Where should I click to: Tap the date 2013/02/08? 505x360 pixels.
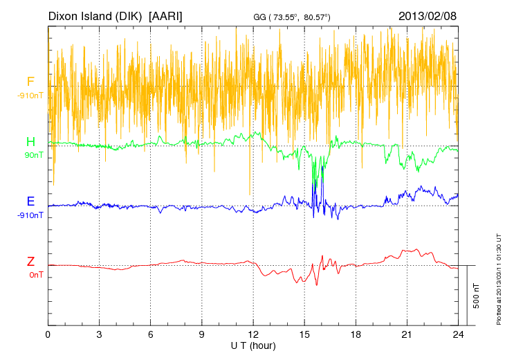[428, 15]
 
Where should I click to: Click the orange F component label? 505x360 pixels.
[30, 82]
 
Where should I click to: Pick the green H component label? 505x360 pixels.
[30, 142]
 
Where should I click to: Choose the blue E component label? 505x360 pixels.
[30, 201]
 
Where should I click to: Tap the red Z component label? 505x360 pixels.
[30, 262]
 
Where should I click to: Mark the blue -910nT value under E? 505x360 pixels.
[31, 215]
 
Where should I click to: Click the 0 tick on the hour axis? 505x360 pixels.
[48, 334]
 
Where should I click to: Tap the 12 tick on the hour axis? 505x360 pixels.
[253, 334]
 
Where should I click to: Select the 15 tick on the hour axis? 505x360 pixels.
[304, 334]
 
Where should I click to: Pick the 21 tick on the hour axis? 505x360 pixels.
[407, 334]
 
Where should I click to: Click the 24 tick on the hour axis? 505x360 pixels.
[458, 334]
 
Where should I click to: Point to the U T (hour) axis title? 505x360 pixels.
[252, 345]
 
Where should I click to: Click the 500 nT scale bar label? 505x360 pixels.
[477, 296]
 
